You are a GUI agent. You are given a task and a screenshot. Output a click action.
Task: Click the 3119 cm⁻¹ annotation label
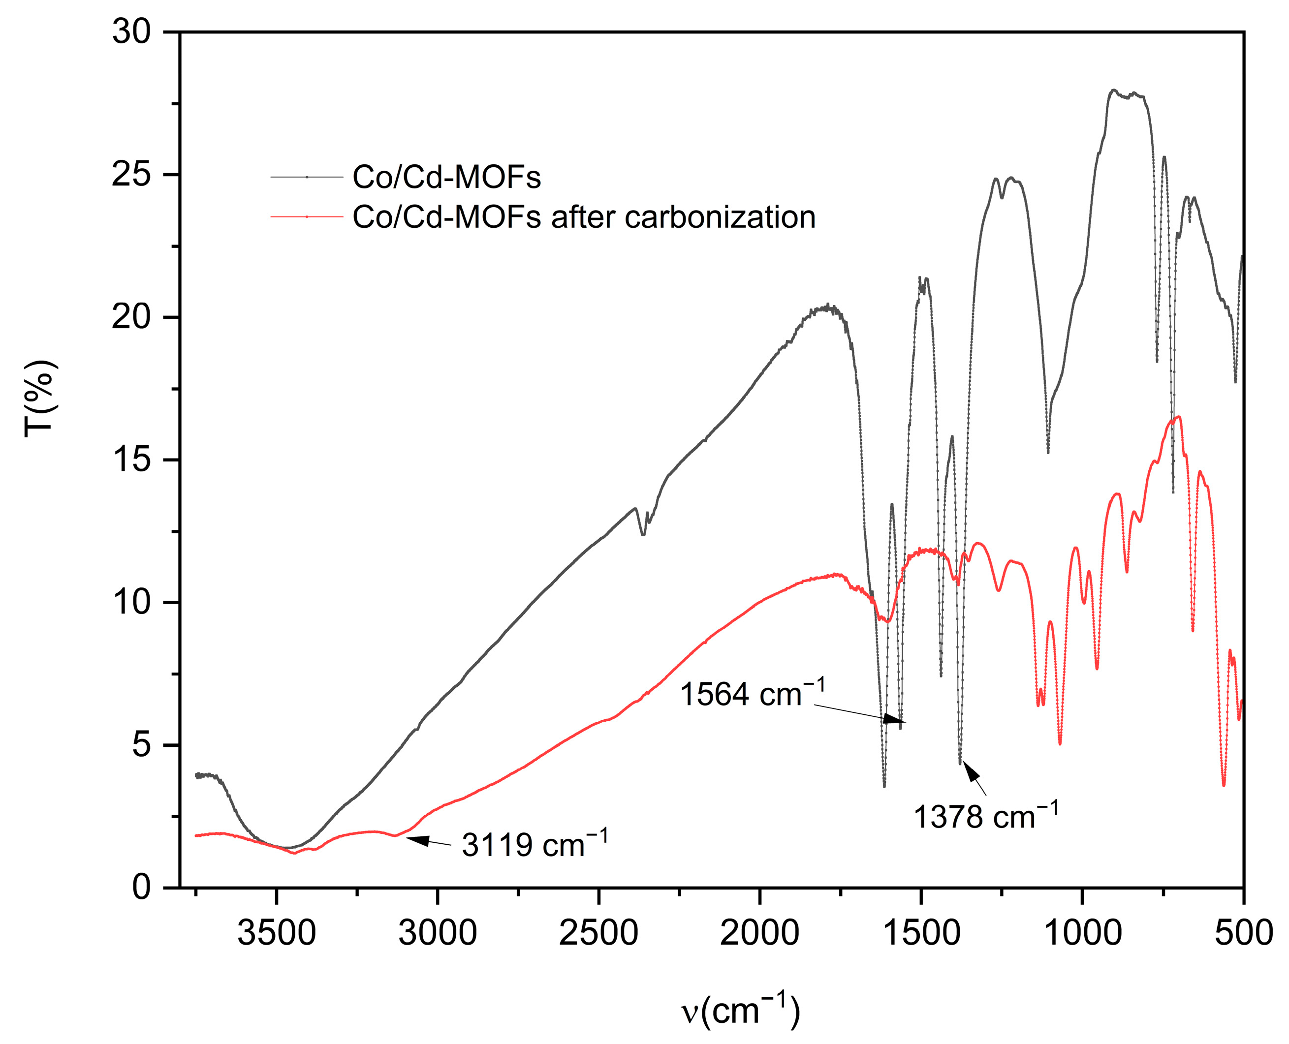[534, 844]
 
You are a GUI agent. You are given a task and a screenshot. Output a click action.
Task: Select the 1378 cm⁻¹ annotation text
[985, 817]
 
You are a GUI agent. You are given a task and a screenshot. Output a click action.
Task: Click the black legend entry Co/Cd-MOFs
[446, 178]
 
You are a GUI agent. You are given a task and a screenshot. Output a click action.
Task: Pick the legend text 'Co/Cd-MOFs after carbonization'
[583, 217]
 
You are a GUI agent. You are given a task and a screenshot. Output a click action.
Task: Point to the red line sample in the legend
[307, 217]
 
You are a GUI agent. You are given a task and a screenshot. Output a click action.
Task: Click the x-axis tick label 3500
[276, 933]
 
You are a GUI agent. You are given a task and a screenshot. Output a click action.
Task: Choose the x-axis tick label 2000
[759, 933]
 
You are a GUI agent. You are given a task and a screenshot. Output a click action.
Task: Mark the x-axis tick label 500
[1243, 933]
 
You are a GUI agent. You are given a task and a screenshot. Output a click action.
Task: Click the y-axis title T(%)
[40, 398]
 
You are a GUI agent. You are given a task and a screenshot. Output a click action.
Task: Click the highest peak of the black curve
[1113, 90]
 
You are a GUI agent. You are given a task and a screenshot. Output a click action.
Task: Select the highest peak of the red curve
[1179, 417]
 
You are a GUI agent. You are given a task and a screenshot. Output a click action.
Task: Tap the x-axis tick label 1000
[1082, 933]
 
